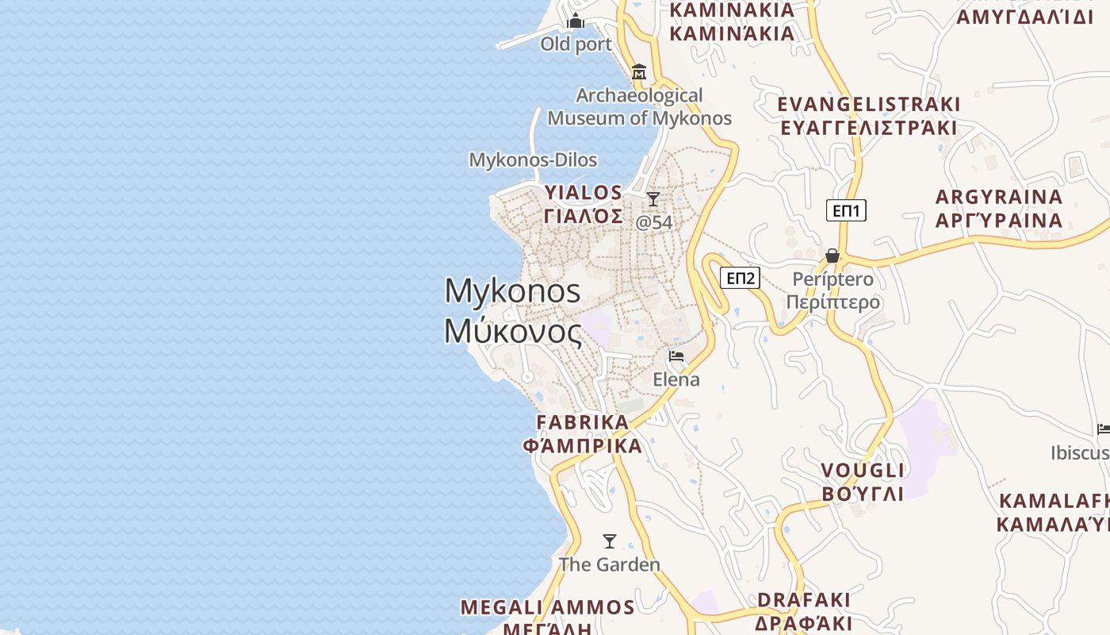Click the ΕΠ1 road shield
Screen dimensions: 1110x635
(x=846, y=210)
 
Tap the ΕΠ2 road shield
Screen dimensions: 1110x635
(x=740, y=278)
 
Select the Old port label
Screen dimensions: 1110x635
(x=576, y=44)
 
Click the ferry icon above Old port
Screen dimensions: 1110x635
(x=576, y=21)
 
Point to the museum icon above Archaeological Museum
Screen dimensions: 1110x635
(x=639, y=72)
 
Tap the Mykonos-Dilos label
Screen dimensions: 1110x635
(x=533, y=160)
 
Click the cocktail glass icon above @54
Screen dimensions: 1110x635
(x=653, y=198)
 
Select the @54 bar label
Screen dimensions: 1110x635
(x=654, y=222)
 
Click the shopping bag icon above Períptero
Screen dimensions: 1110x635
(x=832, y=256)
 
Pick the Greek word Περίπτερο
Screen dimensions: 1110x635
(x=833, y=302)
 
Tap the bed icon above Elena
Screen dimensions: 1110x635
(x=676, y=356)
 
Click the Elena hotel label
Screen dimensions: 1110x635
(x=676, y=379)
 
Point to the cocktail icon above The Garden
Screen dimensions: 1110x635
(x=610, y=541)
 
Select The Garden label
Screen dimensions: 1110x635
(x=610, y=565)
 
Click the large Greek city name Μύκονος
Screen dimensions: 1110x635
(x=513, y=331)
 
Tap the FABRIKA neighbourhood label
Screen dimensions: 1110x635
(x=583, y=422)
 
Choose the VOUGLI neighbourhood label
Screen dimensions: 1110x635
(x=863, y=471)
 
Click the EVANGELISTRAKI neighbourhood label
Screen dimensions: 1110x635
(x=869, y=105)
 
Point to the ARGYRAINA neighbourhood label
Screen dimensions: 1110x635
(x=999, y=197)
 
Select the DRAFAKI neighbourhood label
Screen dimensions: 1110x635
(x=804, y=599)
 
